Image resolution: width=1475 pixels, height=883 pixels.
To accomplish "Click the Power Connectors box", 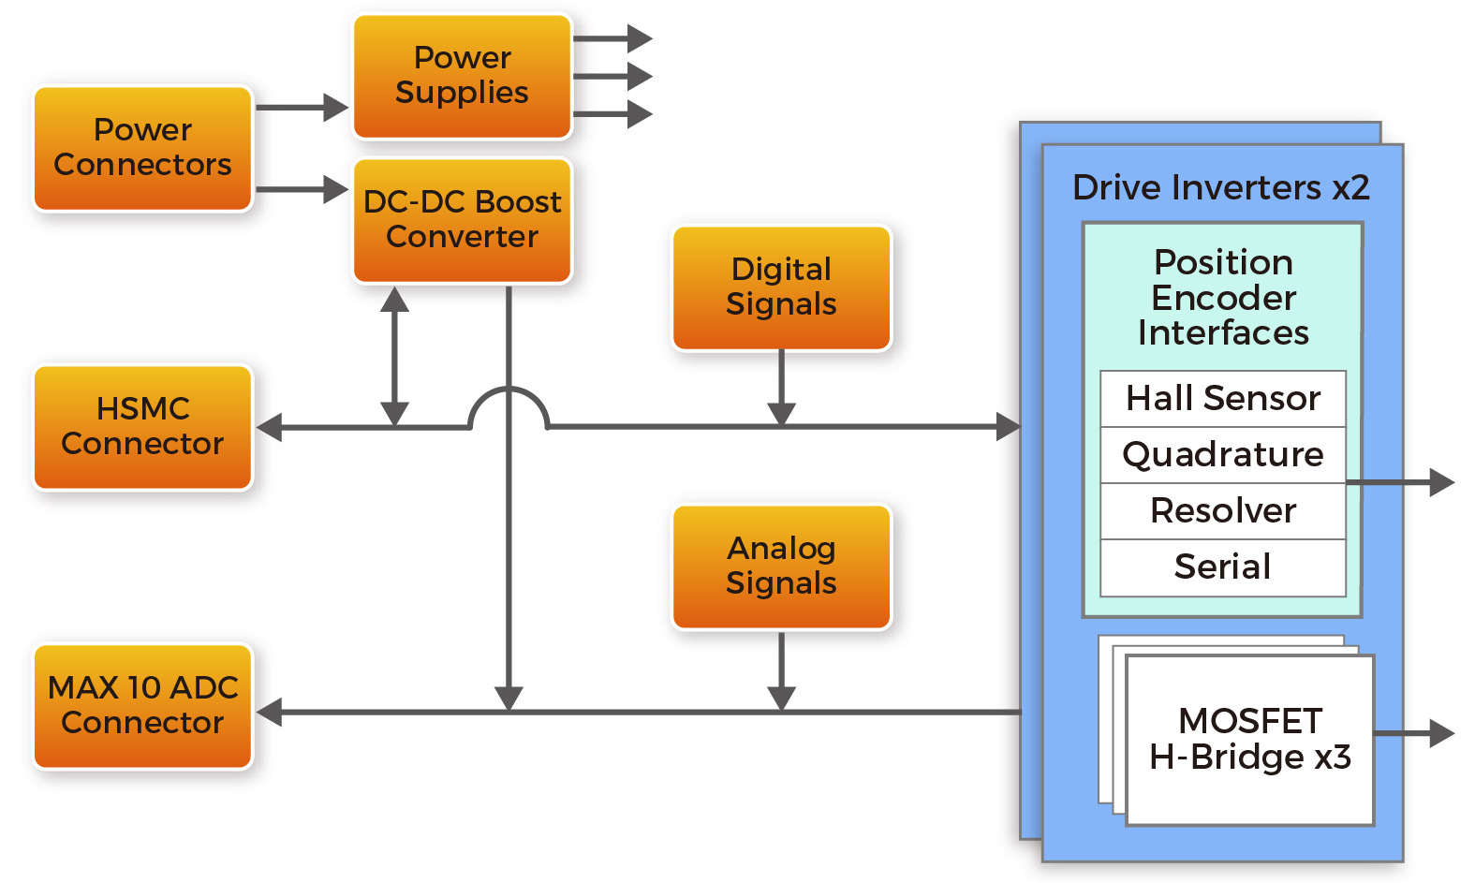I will click(x=143, y=148).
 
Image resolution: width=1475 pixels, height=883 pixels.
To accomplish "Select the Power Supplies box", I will click(x=462, y=76).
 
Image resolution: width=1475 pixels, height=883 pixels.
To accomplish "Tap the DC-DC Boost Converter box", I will click(x=462, y=220).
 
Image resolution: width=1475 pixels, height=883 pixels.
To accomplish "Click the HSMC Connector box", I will click(x=143, y=427).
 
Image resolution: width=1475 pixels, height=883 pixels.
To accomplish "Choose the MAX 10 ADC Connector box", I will click(x=143, y=706).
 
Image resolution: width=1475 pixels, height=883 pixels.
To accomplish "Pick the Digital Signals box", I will click(x=781, y=287).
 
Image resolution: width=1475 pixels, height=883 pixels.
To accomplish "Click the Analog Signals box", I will click(x=781, y=567).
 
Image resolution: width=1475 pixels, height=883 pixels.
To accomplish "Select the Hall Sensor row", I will click(x=1222, y=399).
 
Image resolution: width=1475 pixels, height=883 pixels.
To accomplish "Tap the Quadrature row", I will click(x=1222, y=455).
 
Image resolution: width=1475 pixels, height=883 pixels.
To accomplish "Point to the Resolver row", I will click(x=1222, y=511).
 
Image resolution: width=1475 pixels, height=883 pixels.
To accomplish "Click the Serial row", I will click(x=1222, y=567).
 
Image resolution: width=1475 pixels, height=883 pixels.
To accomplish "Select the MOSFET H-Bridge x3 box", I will click(x=1249, y=740).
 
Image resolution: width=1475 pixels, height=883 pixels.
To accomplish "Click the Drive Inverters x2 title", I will click(x=1220, y=188).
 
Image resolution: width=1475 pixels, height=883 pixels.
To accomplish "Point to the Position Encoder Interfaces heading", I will click(x=1222, y=298).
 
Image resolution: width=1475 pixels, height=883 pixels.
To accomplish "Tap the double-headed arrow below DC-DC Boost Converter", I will click(x=394, y=356).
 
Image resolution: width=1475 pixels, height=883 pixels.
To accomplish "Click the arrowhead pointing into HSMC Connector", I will click(x=270, y=428).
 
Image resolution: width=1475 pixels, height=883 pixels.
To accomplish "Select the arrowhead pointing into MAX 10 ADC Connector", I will click(x=270, y=713).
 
